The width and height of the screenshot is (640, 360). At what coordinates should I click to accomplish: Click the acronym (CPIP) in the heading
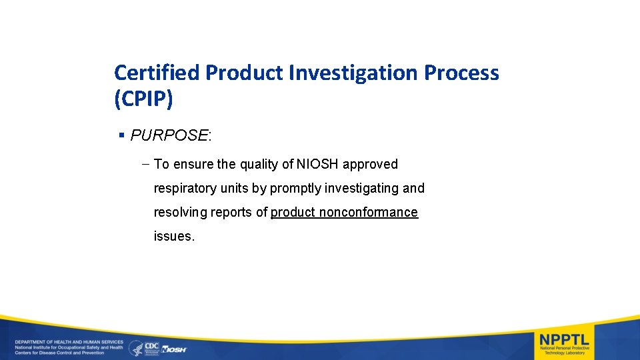(x=143, y=99)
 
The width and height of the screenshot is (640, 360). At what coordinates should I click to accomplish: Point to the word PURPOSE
(x=169, y=135)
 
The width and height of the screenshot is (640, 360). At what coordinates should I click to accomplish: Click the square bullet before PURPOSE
(x=121, y=135)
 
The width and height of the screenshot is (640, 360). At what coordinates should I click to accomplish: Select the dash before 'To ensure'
(x=145, y=164)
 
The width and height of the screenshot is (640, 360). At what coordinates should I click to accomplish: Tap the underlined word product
(x=293, y=212)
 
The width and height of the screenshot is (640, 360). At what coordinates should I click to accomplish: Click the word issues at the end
(x=174, y=236)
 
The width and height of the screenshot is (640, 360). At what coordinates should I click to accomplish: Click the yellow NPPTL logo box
(x=564, y=342)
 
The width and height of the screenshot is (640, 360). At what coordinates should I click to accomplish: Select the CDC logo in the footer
(x=151, y=347)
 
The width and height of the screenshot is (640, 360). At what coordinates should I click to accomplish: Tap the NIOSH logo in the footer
(x=174, y=349)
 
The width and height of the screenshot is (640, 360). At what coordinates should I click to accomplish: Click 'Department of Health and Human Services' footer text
(x=69, y=342)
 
